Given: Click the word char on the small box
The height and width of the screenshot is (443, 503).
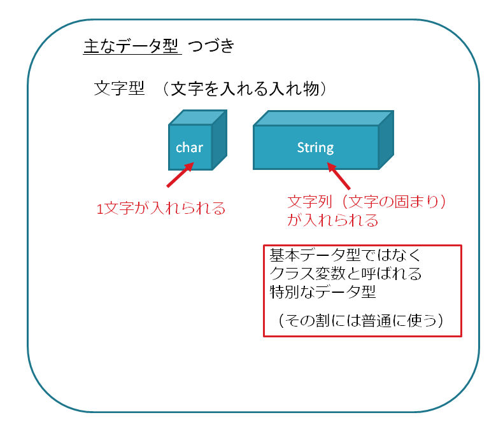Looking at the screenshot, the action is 189,148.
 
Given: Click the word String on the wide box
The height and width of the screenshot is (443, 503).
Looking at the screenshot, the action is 315,148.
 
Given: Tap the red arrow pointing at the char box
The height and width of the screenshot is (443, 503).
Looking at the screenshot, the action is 180,174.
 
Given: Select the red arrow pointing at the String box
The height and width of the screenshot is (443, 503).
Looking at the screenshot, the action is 339,176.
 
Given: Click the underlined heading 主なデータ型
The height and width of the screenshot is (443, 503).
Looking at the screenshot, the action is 132,46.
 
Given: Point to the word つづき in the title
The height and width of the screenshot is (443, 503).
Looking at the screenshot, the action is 211,46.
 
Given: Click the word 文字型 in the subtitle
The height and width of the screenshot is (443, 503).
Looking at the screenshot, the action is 119,88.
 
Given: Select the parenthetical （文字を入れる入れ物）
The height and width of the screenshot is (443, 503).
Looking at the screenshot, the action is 244,88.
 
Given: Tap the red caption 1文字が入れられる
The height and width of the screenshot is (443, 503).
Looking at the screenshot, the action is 161,209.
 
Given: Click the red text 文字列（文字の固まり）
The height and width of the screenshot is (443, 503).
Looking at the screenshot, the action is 367,202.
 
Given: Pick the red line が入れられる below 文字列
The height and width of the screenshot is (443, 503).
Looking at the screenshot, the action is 332,220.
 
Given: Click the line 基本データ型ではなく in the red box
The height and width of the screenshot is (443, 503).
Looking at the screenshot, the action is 345,255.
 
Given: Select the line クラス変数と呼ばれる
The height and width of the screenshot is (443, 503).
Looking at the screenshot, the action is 346,274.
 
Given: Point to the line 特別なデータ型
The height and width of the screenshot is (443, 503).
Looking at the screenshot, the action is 323,292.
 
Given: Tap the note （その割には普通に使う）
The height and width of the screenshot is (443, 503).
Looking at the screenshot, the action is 361,320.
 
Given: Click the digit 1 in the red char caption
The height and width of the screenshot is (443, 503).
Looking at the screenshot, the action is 100,209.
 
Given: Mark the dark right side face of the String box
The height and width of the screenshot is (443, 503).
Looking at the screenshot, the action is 386,140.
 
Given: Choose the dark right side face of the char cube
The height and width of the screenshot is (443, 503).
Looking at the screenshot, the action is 220,140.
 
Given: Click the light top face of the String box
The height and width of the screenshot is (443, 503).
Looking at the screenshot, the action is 323,118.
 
